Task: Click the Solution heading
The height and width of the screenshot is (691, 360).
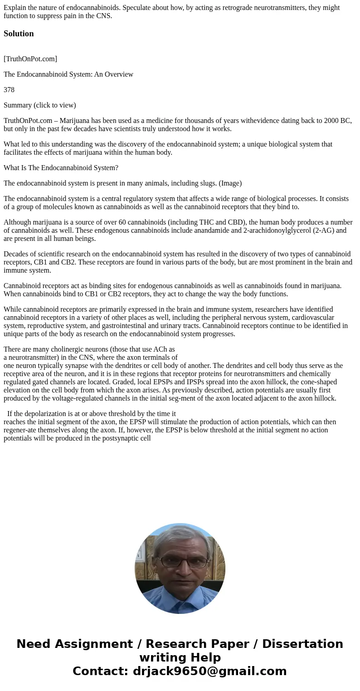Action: click(x=19, y=34)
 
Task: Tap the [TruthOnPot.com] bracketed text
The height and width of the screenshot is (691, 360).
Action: click(x=30, y=59)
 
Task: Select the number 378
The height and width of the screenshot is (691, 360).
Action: click(x=9, y=90)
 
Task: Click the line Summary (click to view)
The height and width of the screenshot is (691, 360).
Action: click(x=40, y=105)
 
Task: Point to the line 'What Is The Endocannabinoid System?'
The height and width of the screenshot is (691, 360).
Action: click(x=61, y=168)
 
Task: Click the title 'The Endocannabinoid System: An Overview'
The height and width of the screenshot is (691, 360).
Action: click(x=68, y=74)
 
